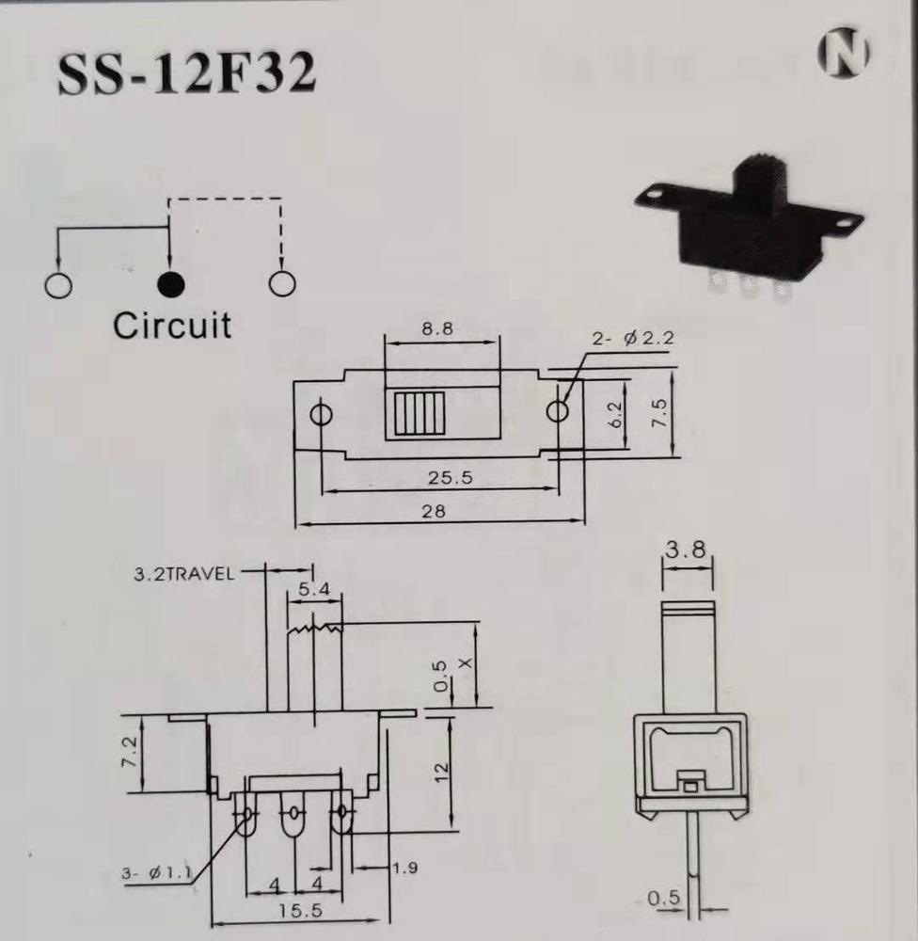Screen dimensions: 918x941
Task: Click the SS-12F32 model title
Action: pos(186,73)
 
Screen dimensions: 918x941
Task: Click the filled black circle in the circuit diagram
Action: pos(171,284)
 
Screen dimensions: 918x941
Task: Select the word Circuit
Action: pos(171,326)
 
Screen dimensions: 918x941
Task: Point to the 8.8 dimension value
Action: pos(437,328)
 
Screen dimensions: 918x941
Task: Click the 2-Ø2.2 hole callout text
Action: pos(633,339)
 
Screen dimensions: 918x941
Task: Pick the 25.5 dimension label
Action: pos(450,478)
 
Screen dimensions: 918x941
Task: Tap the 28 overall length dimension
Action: pos(434,511)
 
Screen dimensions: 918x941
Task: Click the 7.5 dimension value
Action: pos(659,413)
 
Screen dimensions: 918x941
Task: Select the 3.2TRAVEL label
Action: pos(183,574)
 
